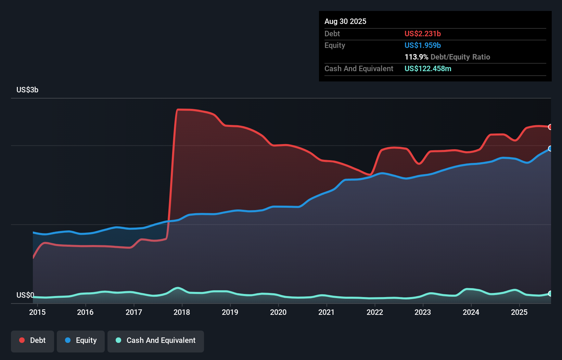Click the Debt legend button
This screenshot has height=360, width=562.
pyautogui.click(x=33, y=341)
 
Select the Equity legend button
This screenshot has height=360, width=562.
pyautogui.click(x=81, y=341)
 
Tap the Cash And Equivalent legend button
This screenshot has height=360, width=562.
pyautogui.click(x=156, y=341)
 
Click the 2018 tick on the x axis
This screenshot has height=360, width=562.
pyautogui.click(x=182, y=312)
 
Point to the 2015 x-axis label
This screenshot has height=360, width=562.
pyautogui.click(x=37, y=312)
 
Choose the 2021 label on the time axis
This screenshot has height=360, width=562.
pyautogui.click(x=327, y=312)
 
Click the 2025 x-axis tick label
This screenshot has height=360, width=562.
pyautogui.click(x=519, y=312)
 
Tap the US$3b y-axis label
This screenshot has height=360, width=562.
pyautogui.click(x=27, y=90)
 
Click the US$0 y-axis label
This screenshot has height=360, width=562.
pyautogui.click(x=25, y=295)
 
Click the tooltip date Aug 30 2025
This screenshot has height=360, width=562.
pyautogui.click(x=345, y=22)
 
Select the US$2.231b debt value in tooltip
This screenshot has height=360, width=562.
pyautogui.click(x=422, y=34)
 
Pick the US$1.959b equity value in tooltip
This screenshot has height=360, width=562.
pyautogui.click(x=422, y=45)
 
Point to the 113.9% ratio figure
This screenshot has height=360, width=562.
pyautogui.click(x=416, y=57)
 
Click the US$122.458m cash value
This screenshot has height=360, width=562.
pyautogui.click(x=428, y=68)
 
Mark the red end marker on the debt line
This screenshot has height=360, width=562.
pyautogui.click(x=550, y=127)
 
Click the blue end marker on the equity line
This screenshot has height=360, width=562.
pyautogui.click(x=550, y=149)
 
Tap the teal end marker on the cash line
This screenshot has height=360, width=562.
pyautogui.click(x=550, y=293)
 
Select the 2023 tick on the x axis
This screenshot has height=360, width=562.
pyautogui.click(x=423, y=312)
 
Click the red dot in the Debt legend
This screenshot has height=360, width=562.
pyautogui.click(x=22, y=340)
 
